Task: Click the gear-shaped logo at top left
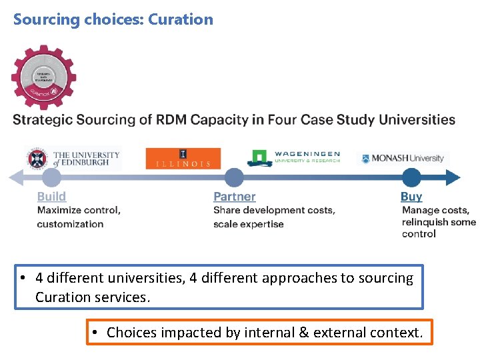(x=43, y=77)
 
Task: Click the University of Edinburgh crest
(x=39, y=158)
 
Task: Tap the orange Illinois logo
(x=183, y=158)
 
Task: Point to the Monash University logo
(x=403, y=158)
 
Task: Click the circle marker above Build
(x=51, y=177)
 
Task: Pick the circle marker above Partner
(x=234, y=177)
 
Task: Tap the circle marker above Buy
(x=411, y=177)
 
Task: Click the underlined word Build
(x=51, y=196)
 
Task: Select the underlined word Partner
(x=234, y=196)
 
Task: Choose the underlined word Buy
(x=411, y=196)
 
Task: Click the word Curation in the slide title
(x=181, y=19)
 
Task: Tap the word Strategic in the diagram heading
(x=42, y=120)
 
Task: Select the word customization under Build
(x=70, y=224)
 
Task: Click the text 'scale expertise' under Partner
(x=248, y=224)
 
